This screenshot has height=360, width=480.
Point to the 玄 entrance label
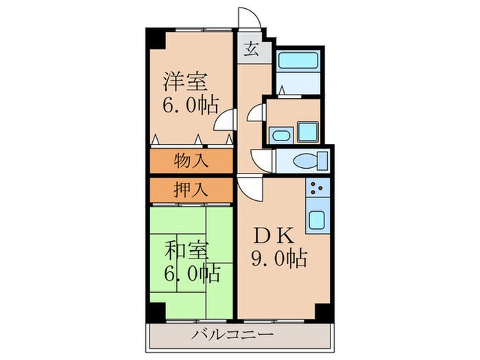pos(252,50)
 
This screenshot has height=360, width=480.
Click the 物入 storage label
pos(191,162)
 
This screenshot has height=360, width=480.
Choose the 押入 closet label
pos(191,188)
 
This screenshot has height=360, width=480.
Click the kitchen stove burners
pos(318,188)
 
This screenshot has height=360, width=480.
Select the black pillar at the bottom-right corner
pos(322,311)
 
